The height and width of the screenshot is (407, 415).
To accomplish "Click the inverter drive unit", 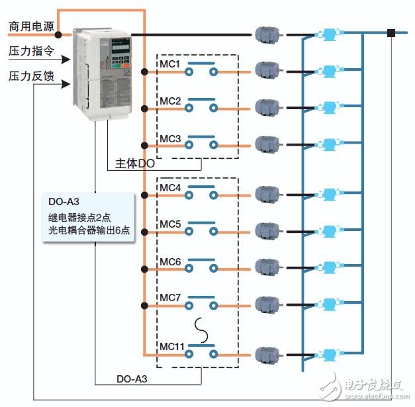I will (x=103, y=73).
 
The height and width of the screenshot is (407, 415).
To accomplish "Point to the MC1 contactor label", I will (x=170, y=64).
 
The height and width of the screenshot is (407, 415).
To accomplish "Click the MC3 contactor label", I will (x=170, y=138).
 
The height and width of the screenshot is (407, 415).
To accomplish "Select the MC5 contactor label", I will (x=170, y=224).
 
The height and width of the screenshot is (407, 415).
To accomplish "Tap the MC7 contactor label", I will (x=170, y=298).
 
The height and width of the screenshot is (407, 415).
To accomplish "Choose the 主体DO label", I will (x=134, y=163).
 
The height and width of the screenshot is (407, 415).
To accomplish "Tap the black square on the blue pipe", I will (x=392, y=32).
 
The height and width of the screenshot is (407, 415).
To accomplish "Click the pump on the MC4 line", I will (x=327, y=195).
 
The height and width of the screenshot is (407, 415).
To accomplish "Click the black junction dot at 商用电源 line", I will (x=59, y=34).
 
